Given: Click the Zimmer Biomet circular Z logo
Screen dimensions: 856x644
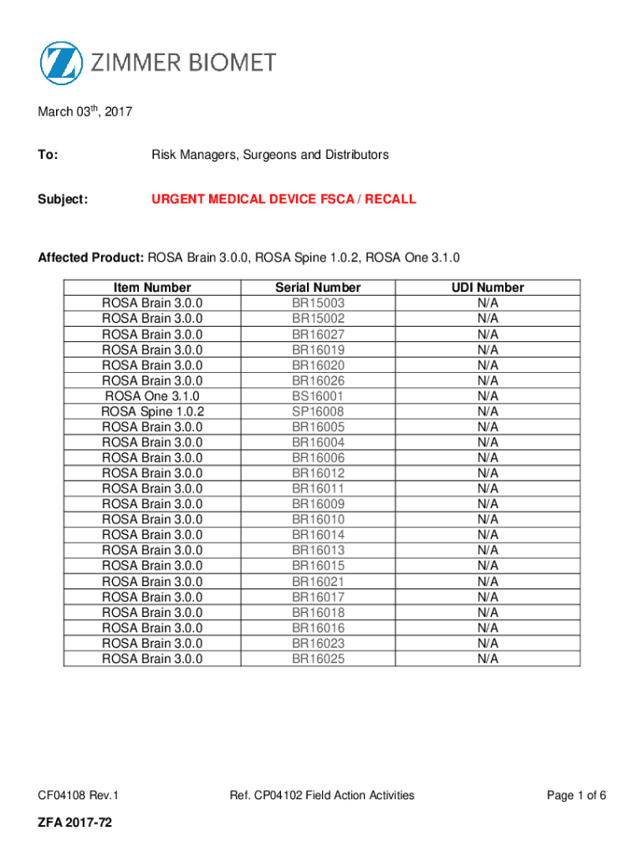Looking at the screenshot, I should (61, 63).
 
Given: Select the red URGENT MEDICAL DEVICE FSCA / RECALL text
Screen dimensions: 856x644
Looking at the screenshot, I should (284, 200).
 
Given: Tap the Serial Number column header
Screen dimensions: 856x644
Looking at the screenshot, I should (318, 288).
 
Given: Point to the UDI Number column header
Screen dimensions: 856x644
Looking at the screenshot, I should (488, 288).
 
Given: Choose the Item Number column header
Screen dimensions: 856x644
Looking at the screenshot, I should (151, 288).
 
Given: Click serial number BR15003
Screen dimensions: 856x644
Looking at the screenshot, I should (318, 303).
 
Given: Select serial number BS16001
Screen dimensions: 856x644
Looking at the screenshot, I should (318, 396).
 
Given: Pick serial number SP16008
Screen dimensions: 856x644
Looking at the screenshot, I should (318, 411).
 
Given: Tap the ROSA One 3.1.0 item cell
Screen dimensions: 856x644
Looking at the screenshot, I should (152, 396).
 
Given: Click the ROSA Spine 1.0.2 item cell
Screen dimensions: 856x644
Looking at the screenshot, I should (152, 411).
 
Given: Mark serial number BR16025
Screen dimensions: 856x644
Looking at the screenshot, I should (318, 659).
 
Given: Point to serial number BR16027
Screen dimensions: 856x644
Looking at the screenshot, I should (318, 334).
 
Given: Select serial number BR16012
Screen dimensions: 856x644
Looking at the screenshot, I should (318, 473).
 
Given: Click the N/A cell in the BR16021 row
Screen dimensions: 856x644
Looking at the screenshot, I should (488, 582).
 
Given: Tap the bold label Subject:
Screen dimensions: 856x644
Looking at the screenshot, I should (63, 200).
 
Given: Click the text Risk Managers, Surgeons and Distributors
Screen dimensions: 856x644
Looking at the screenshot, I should (269, 155).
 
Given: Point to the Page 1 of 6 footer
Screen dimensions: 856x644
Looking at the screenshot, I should (576, 795).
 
